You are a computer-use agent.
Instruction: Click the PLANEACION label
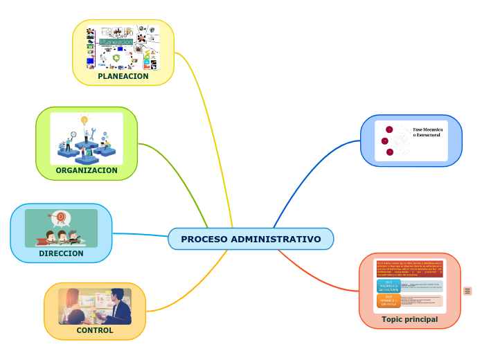click(x=123, y=76)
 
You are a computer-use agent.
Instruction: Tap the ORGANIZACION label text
click(x=87, y=170)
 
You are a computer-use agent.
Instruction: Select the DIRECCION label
click(x=61, y=253)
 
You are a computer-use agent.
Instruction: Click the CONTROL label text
click(x=95, y=330)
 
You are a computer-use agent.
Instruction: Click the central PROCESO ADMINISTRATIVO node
click(x=251, y=239)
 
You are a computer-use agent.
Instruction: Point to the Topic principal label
click(x=409, y=319)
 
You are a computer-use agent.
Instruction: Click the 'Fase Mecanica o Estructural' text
click(x=427, y=132)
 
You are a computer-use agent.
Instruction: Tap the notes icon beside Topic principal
click(x=467, y=291)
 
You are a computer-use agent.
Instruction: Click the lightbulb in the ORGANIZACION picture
click(x=84, y=120)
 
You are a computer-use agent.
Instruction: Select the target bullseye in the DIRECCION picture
click(x=60, y=217)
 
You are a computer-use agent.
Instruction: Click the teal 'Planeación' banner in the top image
click(x=116, y=42)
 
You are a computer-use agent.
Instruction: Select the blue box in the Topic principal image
click(x=388, y=286)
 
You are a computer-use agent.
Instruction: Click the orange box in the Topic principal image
click(x=388, y=300)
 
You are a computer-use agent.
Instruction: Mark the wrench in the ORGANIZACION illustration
click(x=105, y=135)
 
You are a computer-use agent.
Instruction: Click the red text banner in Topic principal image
click(x=409, y=269)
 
